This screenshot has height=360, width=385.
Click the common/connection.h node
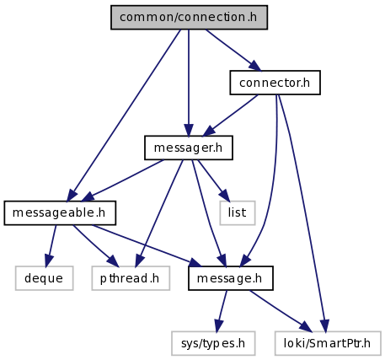point(189,17)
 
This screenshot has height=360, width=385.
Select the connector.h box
point(275,83)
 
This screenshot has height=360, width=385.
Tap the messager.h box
point(189,148)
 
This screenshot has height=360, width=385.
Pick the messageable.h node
point(60,213)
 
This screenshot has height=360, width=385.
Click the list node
point(238,213)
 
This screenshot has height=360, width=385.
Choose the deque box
point(45,278)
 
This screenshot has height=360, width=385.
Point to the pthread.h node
point(131,278)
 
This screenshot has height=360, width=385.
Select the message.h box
point(231,278)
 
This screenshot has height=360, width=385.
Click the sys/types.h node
point(213,343)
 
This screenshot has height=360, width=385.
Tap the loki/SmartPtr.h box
point(328,343)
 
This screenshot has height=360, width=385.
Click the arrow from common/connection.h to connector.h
point(233,50)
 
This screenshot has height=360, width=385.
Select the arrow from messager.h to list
point(214,180)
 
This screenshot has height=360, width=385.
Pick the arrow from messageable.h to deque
point(51,246)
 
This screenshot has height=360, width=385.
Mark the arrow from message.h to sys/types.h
point(222,311)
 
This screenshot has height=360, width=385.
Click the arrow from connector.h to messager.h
point(231,116)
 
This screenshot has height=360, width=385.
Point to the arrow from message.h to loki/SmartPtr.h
point(281,310)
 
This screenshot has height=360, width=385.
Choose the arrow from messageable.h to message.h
point(147,246)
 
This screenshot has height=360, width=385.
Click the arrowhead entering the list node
point(224,196)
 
